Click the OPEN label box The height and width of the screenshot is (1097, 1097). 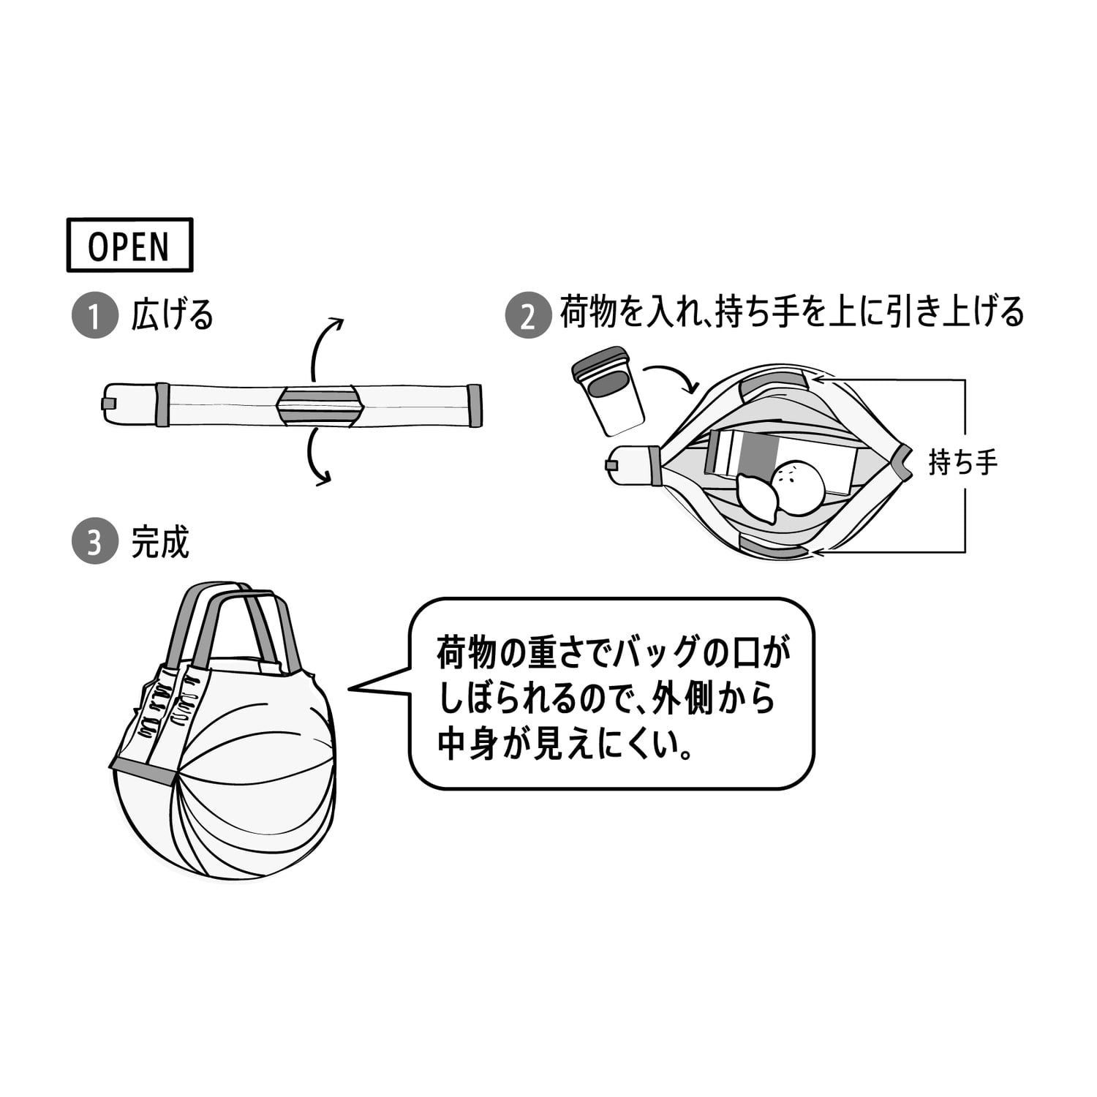pyautogui.click(x=129, y=245)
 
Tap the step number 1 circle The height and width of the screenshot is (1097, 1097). pyautogui.click(x=94, y=316)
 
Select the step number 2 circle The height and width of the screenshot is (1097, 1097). pyautogui.click(x=527, y=316)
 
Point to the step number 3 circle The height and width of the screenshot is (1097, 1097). pyautogui.click(x=94, y=543)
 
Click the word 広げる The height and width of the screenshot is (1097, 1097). pyautogui.click(x=172, y=314)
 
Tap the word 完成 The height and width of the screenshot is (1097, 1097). pyautogui.click(x=160, y=542)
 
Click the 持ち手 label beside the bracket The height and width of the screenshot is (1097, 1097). pyautogui.click(x=962, y=463)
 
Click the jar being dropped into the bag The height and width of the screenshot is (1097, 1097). pyautogui.click(x=608, y=391)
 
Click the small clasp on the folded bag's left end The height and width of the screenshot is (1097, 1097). pyautogui.click(x=107, y=403)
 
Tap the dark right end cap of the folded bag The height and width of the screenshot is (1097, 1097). pyautogui.click(x=475, y=405)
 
